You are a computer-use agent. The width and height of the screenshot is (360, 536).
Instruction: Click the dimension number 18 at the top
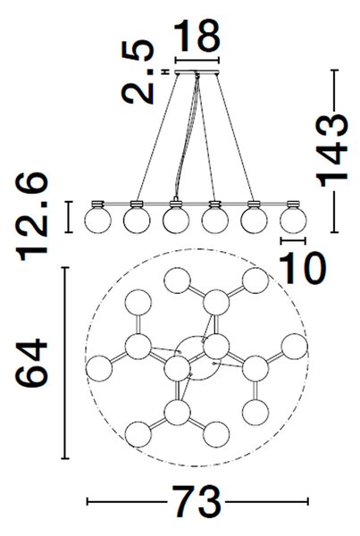click(197, 35)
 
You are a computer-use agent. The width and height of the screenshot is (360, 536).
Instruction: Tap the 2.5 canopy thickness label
click(138, 71)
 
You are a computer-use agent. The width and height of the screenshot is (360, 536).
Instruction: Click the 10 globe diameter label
click(303, 268)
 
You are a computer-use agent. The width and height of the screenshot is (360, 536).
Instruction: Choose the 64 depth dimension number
click(31, 363)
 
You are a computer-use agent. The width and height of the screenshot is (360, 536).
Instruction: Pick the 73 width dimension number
click(197, 501)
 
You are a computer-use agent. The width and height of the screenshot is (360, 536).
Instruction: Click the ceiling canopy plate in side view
click(197, 72)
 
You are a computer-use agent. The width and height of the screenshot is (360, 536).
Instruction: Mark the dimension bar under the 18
click(197, 61)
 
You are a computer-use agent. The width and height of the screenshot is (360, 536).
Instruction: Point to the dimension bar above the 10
click(293, 240)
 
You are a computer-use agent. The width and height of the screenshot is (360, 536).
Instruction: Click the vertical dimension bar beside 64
click(65, 363)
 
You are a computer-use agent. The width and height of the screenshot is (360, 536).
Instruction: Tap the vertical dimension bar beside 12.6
click(69, 217)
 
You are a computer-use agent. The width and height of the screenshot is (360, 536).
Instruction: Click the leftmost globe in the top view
click(99, 369)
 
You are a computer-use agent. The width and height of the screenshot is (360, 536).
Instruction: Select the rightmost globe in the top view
click(295, 347)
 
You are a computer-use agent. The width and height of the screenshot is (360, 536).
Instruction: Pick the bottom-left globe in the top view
click(138, 434)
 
